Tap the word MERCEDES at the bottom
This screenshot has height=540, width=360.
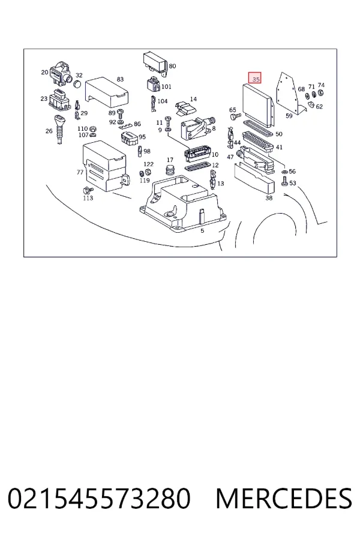[284, 499]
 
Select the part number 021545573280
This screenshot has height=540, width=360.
[99, 499]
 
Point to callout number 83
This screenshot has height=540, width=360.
[120, 79]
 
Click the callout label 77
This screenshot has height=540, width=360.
[80, 172]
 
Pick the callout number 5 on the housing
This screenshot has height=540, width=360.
[202, 230]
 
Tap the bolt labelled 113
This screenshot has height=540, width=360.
[86, 190]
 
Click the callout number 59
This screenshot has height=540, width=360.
[289, 116]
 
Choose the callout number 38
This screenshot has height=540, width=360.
[269, 197]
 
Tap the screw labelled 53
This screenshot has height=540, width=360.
[284, 181]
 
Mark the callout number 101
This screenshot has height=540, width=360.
[166, 86]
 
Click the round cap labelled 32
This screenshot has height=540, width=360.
[78, 83]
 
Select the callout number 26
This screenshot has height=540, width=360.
[49, 131]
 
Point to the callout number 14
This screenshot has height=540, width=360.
[193, 99]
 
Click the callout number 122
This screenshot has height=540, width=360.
[148, 164]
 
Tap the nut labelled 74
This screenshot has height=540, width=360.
[320, 92]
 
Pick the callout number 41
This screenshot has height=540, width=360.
[279, 147]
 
